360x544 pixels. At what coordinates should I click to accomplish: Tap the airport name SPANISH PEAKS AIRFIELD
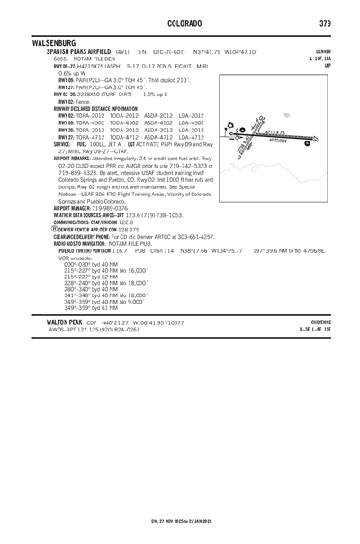(80, 52)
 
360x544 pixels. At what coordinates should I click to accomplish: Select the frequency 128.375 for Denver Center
(130, 230)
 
